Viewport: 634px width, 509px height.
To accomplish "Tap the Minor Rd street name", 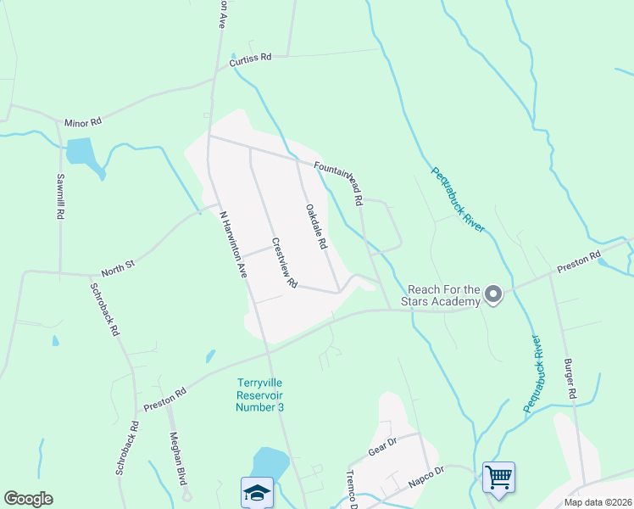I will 82,123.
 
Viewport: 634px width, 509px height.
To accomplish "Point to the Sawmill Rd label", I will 60,197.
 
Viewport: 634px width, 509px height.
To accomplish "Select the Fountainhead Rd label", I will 338,183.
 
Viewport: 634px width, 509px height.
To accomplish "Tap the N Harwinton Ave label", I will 232,246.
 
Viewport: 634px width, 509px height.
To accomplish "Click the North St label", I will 118,267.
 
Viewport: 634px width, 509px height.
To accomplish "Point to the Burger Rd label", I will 570,379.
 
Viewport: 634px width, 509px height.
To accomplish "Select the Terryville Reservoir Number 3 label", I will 259,394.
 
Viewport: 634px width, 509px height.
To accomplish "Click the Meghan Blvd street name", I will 177,458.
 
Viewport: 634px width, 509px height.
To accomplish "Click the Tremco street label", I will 353,489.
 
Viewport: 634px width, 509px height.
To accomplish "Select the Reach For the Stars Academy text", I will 443,294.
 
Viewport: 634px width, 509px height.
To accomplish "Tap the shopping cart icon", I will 498,477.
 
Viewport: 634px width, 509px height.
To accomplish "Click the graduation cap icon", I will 257,492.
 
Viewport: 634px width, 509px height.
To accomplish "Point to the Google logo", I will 28,499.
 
